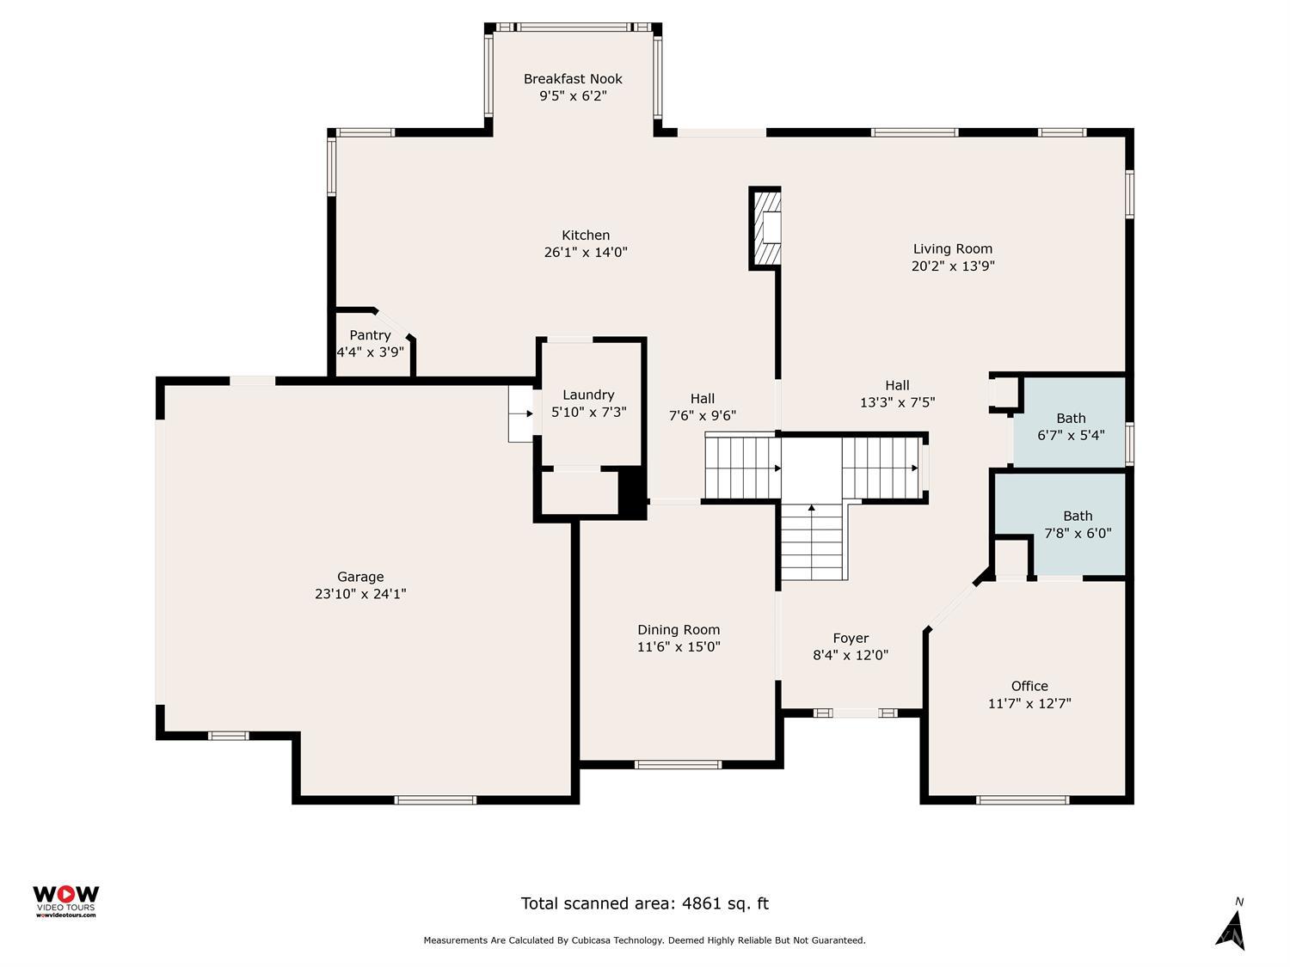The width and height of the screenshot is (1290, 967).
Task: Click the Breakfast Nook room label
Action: pos(573,79)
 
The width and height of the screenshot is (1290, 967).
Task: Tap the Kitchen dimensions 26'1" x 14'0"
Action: pos(586,253)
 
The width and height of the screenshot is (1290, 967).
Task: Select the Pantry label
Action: pos(370,335)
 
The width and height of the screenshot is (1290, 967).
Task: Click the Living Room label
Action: pos(953,249)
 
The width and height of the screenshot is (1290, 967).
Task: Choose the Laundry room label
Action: pos(588,395)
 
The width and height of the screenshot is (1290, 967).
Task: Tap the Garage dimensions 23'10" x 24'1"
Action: pos(360,594)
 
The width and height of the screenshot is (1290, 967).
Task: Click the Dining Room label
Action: pos(679,630)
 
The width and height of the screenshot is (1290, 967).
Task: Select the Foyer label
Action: pos(851,639)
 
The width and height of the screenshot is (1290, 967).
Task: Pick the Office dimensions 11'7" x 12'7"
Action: pos(1029,704)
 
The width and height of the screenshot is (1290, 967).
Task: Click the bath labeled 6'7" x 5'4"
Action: pos(1071,427)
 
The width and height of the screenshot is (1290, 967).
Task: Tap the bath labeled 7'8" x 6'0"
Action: pos(1078,524)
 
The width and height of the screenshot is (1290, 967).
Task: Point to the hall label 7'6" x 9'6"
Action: pos(703,407)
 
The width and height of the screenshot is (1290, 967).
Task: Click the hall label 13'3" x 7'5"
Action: pos(897,394)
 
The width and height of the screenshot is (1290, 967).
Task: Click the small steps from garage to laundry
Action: pos(521,413)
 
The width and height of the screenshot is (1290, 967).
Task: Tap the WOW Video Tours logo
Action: pos(65,900)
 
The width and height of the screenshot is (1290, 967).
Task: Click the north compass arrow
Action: pos(1232,928)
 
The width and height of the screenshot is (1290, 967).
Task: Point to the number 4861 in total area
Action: pos(702,903)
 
